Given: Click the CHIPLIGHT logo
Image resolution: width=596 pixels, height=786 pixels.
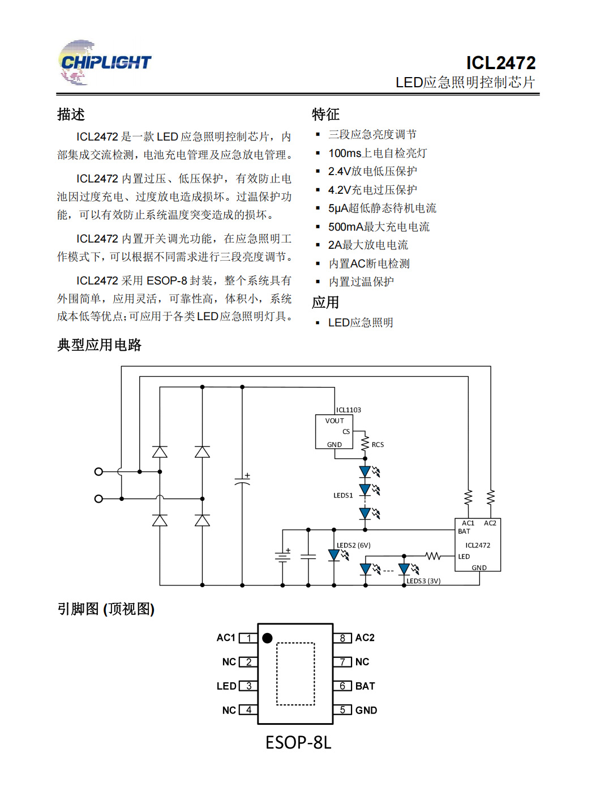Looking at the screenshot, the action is [104, 62].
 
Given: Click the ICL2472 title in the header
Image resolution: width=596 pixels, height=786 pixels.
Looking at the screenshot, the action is [500, 63].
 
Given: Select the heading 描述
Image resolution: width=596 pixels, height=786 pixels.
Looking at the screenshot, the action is [71, 114].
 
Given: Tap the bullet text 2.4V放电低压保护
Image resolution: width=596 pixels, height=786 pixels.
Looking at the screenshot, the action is [372, 171].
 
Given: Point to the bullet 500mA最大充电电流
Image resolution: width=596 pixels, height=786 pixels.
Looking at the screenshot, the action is [379, 227].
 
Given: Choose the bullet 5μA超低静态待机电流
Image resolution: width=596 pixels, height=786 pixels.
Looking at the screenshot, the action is [382, 208].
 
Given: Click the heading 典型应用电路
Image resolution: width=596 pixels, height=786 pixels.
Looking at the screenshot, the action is [100, 345].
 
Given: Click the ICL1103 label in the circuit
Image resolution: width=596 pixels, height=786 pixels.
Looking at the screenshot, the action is [348, 410].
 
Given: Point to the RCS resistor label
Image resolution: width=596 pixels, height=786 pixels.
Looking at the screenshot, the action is [378, 444].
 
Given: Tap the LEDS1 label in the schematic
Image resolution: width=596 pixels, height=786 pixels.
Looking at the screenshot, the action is [343, 495].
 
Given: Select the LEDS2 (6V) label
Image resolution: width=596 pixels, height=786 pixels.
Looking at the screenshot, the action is [353, 545].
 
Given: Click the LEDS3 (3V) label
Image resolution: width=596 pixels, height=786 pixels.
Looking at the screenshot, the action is [423, 581].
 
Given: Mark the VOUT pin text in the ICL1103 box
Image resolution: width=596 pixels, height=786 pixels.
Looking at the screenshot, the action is [335, 420].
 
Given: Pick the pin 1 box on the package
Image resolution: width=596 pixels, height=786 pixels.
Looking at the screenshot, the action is [248, 638].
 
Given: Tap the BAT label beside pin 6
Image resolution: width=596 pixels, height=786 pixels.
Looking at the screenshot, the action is [365, 686].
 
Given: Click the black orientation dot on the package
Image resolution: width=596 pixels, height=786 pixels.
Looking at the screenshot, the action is [267, 638].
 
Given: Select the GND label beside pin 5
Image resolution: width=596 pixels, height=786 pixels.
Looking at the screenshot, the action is [366, 710].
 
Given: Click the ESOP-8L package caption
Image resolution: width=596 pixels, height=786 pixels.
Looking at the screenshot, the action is [298, 742].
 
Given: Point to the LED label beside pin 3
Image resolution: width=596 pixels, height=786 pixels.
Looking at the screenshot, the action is [226, 686].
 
